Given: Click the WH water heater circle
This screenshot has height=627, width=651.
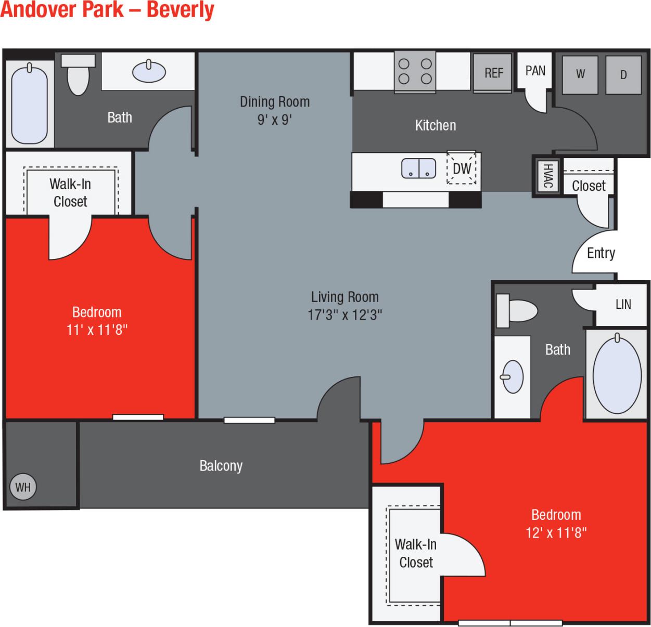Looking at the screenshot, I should [x=23, y=487].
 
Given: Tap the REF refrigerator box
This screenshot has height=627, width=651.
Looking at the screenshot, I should [x=493, y=73].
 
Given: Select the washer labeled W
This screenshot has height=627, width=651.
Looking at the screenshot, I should [x=580, y=74].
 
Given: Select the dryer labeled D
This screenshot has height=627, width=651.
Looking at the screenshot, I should [x=623, y=75].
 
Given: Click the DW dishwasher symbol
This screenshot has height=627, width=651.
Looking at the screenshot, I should [x=462, y=168].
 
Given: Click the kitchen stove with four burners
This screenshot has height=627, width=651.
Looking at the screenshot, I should [x=415, y=71].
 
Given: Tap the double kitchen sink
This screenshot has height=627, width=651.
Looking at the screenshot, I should [x=418, y=168].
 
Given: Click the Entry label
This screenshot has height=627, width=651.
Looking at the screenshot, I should [x=601, y=253].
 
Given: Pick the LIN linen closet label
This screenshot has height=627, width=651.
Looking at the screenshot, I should [x=623, y=304].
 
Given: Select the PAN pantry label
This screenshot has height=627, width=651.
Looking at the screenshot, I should [x=535, y=71].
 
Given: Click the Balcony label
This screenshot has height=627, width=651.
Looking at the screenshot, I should [x=221, y=466].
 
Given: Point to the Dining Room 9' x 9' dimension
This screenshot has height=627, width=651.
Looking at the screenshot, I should [x=274, y=120].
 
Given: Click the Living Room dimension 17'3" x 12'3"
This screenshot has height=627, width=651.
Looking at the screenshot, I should [x=344, y=315].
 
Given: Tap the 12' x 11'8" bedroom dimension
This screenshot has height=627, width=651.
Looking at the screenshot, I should [x=556, y=532].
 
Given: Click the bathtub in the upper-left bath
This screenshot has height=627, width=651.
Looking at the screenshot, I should [x=29, y=104].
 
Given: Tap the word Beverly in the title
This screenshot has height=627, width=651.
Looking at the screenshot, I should [x=180, y=10].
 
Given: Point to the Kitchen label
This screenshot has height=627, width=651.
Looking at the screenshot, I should [x=435, y=125].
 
